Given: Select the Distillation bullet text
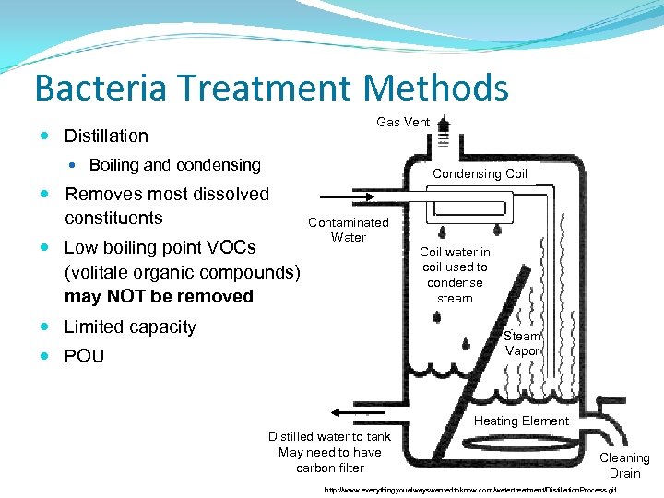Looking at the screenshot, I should point(105,136).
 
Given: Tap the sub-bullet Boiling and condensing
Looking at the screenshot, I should point(174,165).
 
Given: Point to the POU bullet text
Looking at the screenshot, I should point(84,356).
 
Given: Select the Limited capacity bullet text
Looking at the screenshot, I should point(129,326).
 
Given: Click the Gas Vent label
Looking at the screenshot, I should point(402,122).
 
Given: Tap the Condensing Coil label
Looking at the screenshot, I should point(480,173).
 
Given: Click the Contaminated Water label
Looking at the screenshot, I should point(348,230).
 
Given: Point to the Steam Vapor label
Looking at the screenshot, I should point(522,343).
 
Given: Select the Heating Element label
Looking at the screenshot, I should point(521,421).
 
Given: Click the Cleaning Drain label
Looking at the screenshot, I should point(624,465).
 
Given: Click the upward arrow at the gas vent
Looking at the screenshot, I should point(444,124).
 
